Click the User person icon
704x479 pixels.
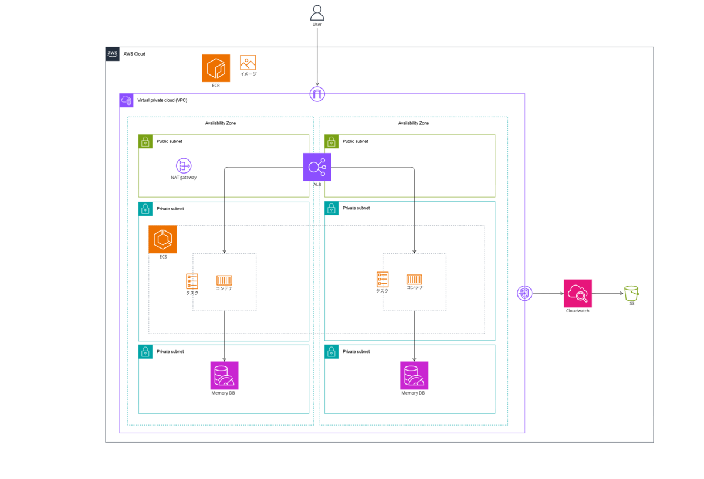317,13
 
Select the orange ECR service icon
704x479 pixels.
216,68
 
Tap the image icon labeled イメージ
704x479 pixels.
248,63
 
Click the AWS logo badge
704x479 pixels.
113,54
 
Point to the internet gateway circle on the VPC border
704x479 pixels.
317,94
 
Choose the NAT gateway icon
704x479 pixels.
184,165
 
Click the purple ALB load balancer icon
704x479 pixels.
317,167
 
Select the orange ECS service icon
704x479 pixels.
163,239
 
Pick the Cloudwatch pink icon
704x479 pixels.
578,293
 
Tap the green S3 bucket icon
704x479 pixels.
631,293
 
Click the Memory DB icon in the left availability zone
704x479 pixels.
224,375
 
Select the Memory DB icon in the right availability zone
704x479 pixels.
414,375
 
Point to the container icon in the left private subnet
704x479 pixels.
224,280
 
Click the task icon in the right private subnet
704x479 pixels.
383,280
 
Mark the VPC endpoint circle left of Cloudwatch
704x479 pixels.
524,293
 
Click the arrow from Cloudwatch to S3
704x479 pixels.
608,293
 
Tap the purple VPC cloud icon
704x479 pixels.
126,100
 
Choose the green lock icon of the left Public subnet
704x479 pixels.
145,142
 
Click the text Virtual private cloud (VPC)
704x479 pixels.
162,100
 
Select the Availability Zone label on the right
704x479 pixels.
413,123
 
